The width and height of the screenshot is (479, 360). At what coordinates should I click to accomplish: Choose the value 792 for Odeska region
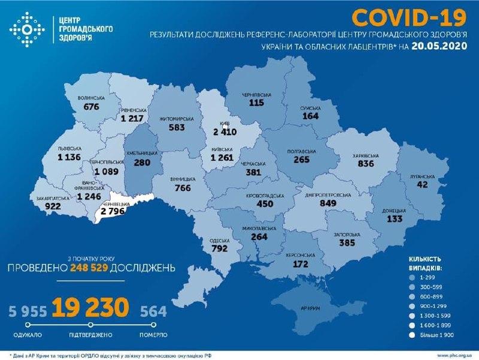pyautogui.click(x=220, y=249)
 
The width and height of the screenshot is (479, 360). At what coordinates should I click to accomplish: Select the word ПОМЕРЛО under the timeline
pyautogui.click(x=154, y=334)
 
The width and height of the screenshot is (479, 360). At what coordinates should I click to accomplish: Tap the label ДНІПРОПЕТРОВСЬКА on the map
pyautogui.click(x=328, y=195)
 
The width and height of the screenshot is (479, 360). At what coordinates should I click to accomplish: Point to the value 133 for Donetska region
pyautogui.click(x=393, y=219)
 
